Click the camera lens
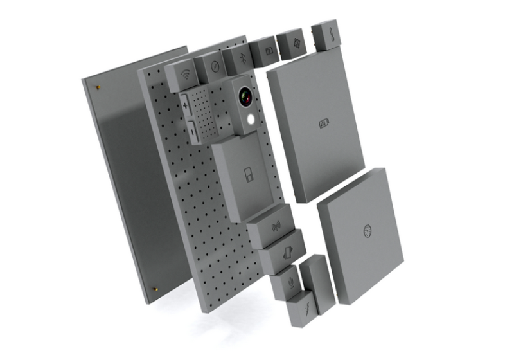coord(245,97)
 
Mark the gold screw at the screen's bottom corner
coord(155,289)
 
